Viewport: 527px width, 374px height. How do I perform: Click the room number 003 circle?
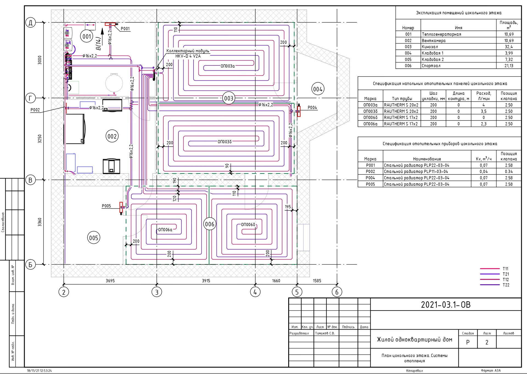point(229,98)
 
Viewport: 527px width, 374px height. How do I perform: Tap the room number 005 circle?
point(94,238)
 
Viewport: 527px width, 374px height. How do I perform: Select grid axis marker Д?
point(30,23)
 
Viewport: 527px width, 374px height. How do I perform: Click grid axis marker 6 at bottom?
point(337,292)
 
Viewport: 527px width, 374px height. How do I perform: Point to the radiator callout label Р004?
point(312,108)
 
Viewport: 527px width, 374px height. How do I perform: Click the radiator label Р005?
point(106,206)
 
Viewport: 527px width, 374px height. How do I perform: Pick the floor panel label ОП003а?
point(228,66)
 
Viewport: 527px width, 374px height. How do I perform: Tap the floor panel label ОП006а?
point(165,230)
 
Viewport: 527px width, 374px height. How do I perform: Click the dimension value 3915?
point(206,281)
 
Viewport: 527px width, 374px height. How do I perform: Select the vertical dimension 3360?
point(40,222)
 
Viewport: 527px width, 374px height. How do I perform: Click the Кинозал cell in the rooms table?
point(430,47)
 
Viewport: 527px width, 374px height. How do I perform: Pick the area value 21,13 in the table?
point(509,66)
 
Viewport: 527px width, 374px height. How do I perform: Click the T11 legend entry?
point(506,269)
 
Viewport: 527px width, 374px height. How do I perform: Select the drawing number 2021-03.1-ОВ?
point(446,305)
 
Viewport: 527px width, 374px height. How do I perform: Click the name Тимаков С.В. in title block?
point(325,333)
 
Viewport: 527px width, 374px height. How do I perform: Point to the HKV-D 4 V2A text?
point(188,56)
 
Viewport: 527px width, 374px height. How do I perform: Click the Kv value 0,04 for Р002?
point(484,172)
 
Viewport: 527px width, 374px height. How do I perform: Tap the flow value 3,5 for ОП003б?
point(484,111)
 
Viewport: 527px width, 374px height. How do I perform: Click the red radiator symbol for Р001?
point(110,24)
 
